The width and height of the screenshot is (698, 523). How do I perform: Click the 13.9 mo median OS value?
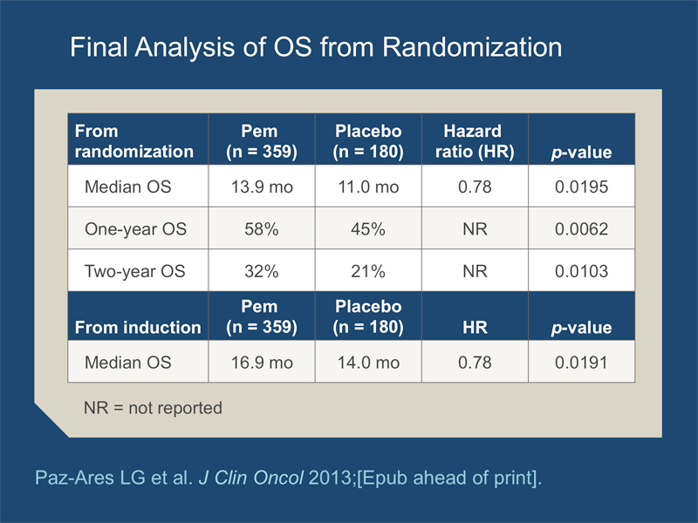coord(262,187)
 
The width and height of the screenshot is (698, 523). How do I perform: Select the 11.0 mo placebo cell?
coord(368,187)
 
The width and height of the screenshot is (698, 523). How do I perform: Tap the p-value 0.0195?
coord(581,187)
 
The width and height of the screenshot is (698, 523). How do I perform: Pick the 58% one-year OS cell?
coord(261,229)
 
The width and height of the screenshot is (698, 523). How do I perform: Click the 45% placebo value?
coord(368,229)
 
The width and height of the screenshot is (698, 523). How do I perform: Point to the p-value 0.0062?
coord(581,229)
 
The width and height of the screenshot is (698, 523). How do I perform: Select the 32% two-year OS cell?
coord(261,271)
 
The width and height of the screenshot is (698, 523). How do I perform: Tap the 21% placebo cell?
coord(368,271)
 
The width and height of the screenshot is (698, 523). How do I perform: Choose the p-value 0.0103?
coord(581,271)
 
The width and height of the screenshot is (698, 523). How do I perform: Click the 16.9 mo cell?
coord(262,363)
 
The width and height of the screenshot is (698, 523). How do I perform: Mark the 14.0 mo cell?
coord(368,363)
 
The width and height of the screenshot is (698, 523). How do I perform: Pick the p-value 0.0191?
coord(581,363)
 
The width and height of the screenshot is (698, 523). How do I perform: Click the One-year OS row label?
coord(135,229)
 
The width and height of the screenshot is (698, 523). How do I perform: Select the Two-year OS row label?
coord(135,271)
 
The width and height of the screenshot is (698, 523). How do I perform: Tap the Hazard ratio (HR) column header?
coord(475,141)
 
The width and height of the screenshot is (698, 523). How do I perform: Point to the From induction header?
coord(138,328)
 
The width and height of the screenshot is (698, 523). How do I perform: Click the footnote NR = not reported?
coord(153,408)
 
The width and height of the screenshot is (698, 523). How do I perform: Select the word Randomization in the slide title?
coord(472,47)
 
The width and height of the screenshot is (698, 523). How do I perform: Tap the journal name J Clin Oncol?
coord(251,478)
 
